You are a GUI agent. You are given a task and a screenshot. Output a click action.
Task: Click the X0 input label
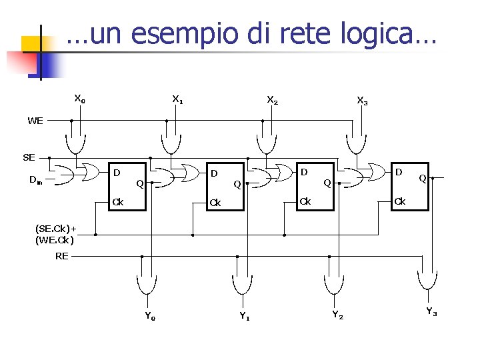79,99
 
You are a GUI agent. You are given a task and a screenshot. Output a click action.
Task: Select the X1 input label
177,100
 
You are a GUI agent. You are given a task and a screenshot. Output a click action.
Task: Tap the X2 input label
272,100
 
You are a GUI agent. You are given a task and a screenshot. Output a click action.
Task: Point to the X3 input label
362,101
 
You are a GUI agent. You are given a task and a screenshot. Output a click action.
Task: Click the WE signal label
35,121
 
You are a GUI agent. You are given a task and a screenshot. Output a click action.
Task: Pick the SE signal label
29,157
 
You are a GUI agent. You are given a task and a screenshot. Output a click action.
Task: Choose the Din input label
36,179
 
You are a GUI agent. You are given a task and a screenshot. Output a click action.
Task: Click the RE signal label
62,256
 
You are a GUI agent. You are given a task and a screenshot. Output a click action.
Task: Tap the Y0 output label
150,316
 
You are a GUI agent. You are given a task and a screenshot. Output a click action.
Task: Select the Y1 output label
245,316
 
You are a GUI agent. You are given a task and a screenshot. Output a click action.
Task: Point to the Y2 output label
338,315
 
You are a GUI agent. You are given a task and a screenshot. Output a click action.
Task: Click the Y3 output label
431,311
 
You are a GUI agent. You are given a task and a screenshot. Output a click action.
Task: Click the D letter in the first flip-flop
117,173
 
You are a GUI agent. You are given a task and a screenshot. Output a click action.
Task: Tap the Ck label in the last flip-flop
400,201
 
